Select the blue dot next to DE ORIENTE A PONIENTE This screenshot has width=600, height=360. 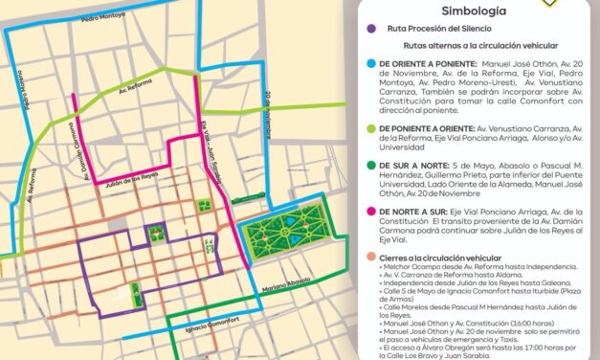[x=369, y=64]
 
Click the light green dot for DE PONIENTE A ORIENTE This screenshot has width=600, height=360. [x=369, y=125]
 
